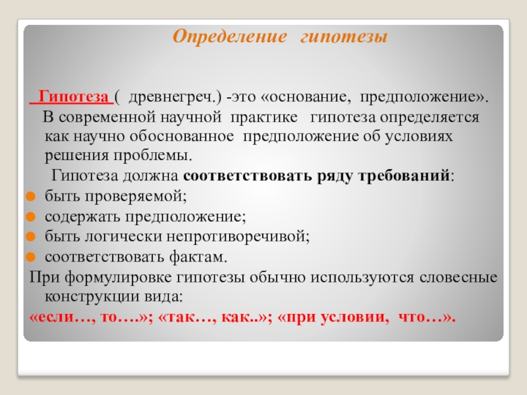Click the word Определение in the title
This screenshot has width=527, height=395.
tap(230, 37)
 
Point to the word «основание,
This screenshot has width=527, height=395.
tap(305, 97)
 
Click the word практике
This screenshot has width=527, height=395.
tap(264, 118)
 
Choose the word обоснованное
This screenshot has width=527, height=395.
tap(182, 136)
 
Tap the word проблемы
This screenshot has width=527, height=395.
tap(153, 156)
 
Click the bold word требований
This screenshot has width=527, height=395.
tap(404, 176)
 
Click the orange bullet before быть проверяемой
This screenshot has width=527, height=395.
tap(30, 196)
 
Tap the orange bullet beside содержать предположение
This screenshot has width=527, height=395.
tap(30, 217)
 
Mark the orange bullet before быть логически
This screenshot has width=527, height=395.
tap(30, 236)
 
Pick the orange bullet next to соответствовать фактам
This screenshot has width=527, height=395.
tap(30, 257)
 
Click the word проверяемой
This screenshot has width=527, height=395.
tap(135, 196)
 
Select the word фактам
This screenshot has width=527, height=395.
tap(198, 257)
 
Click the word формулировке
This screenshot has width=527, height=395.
tap(119, 278)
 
